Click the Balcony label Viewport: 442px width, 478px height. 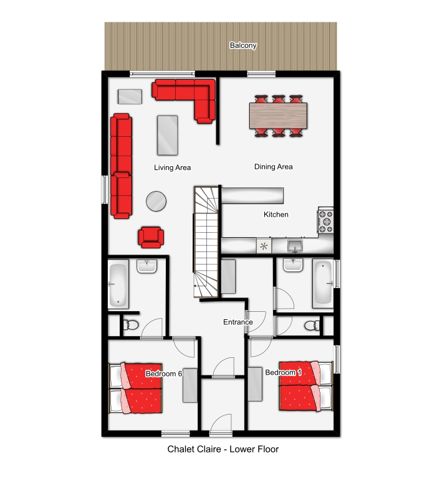coord(243,45)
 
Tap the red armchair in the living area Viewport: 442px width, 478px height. coord(151,237)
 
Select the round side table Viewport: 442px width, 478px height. coord(156,201)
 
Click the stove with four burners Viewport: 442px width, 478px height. coord(325,221)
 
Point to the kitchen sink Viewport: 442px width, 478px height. coord(295,245)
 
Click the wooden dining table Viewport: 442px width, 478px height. coord(279,116)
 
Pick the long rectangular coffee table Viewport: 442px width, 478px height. coord(168,135)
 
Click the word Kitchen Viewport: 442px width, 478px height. coord(276,215)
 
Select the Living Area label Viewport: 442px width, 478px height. coord(172,167)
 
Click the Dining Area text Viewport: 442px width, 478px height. coord(273,167)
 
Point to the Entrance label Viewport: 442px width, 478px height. coord(238,322)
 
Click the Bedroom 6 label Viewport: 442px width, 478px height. coord(163,373)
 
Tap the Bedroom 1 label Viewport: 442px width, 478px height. coord(283,373)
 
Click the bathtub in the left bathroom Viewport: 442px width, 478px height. coord(118,284)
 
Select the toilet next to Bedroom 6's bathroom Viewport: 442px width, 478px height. coord(130,324)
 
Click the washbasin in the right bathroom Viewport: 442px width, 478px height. coord(293,265)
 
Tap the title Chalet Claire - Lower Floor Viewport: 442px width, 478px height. coord(223,449)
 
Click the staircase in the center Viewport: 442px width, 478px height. coord(206,241)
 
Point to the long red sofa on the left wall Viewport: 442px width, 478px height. coord(122,166)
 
